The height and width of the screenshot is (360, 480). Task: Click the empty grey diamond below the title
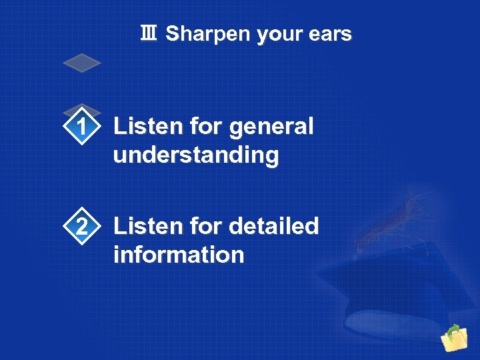point(81,63)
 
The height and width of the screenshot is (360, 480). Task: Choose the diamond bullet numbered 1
point(81,127)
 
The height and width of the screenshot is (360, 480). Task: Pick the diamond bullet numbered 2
point(81,227)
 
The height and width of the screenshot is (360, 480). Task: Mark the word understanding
point(196,156)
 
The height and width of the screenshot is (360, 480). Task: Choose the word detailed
point(274,227)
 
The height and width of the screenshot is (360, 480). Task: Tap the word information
point(179,255)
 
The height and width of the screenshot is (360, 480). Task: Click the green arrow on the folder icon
point(454,329)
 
